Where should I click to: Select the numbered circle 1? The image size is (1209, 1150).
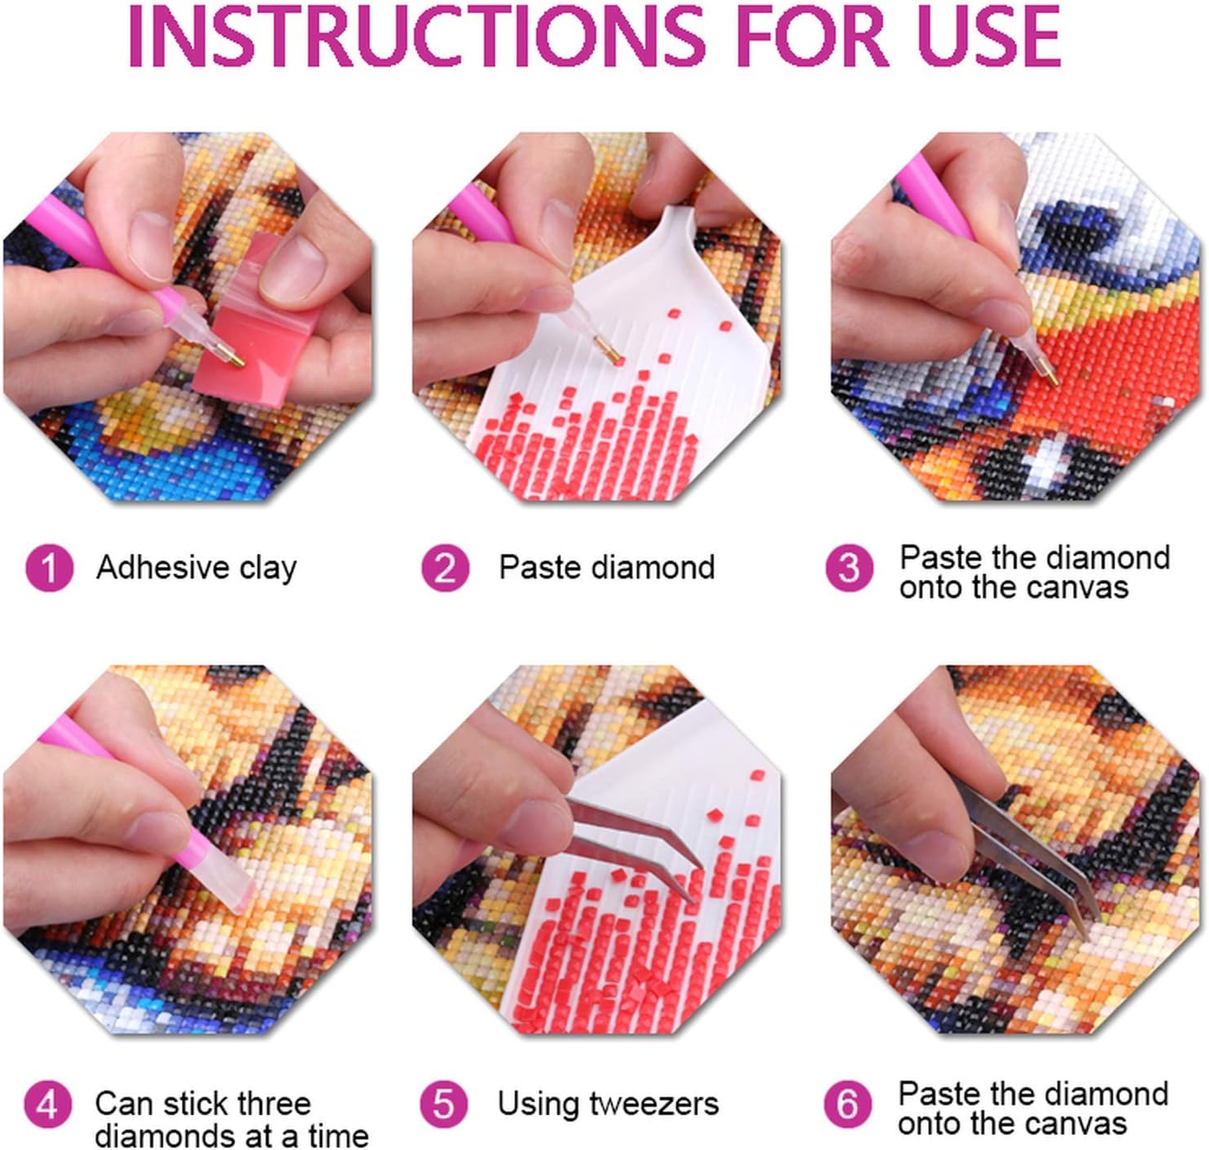(49, 567)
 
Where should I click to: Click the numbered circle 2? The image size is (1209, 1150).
(445, 567)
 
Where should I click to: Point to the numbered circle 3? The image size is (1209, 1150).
(849, 567)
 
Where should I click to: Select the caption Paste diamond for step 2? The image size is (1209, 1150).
(606, 566)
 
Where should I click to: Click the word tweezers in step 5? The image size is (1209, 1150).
(653, 1104)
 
